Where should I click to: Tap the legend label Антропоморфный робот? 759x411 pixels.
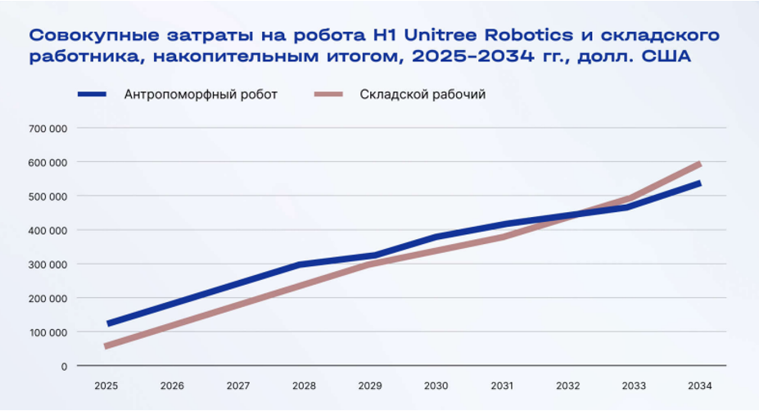[201, 94]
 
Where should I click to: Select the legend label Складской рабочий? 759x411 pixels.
[422, 94]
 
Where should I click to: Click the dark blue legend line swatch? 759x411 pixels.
[93, 94]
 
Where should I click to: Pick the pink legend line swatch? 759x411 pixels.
[331, 94]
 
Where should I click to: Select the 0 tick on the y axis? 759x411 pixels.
[63, 366]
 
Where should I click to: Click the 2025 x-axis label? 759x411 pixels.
[106, 386]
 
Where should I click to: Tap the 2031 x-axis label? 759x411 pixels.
[501, 386]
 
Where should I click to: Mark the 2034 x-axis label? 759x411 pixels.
[699, 386]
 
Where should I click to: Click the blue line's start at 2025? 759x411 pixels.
[107, 324]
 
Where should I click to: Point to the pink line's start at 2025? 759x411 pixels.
[107, 346]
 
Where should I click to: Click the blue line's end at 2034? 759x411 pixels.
[698, 183]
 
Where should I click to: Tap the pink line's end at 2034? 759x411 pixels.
[698, 165]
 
